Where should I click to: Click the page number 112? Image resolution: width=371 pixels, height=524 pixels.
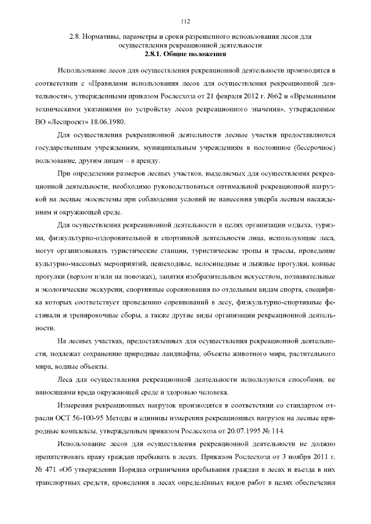click(185, 23)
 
